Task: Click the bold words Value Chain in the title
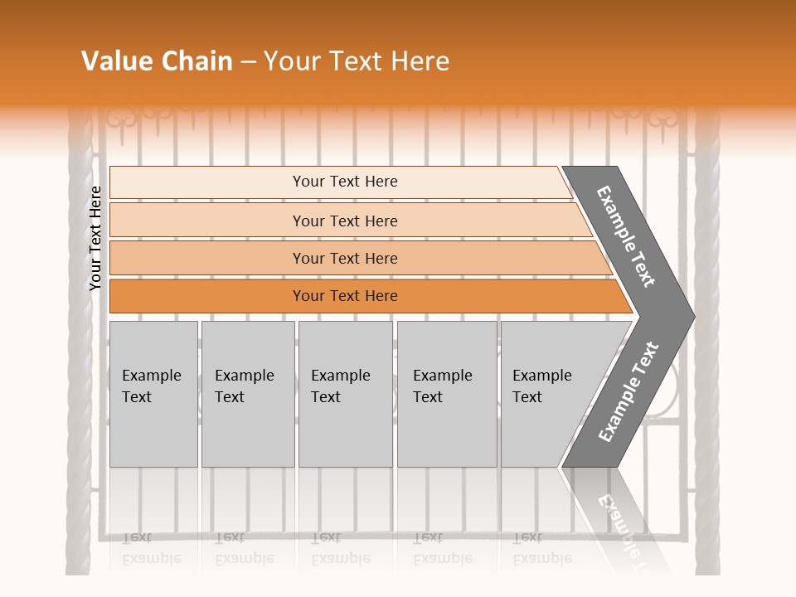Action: point(157,61)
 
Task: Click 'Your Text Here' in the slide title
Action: point(357,61)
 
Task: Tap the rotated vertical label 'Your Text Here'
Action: point(95,238)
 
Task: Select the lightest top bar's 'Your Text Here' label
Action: point(345,182)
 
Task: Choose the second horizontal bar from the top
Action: point(345,221)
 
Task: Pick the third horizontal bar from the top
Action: point(345,259)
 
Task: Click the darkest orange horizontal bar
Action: point(345,296)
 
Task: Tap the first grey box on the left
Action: point(153,394)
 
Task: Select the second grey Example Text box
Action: point(247,394)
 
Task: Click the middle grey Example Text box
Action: point(345,394)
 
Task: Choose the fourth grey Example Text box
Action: point(446,394)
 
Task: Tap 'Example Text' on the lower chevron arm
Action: point(629,391)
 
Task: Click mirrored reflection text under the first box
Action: point(152,547)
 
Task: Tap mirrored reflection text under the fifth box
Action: point(542,547)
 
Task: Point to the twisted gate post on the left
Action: point(80,373)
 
